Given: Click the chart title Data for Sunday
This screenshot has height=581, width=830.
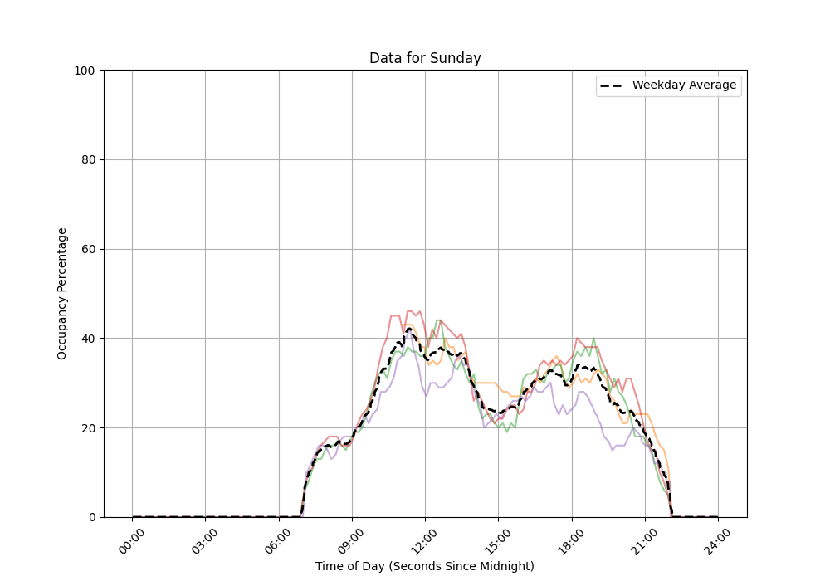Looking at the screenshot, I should coord(425,58).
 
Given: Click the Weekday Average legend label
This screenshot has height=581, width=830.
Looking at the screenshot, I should coord(684,85).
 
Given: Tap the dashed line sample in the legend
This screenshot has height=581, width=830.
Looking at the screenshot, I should coord(613,85).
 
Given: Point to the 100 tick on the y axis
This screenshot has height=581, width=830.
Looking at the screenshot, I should coord(84,71).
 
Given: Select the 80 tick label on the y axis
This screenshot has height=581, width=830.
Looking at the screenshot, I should coord(87,160).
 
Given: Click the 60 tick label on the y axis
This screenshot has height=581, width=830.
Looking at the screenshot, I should coord(87,249).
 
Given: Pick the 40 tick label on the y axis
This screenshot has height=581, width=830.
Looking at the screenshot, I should coord(87,339).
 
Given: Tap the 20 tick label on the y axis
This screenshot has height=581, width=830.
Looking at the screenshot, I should coord(87,428).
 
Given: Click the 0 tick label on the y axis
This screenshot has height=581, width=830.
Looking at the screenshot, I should coord(90,517).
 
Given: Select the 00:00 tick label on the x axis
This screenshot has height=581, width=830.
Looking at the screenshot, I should coord(133,539).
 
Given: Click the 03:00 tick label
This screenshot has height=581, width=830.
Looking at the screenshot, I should coord(206,539).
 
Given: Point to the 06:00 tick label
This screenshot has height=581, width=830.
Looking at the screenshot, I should coord(279,539).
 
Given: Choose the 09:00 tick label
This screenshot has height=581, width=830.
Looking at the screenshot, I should coord(352,539).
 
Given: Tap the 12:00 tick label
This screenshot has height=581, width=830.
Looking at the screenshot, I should coord(425,539).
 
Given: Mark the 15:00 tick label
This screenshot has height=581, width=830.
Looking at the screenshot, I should coord(498,539).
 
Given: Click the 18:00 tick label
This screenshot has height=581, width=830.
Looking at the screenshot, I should coord(571,539).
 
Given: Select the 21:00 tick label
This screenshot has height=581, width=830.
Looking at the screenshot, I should coord(644,539).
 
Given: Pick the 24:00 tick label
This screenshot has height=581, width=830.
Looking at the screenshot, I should coord(717,539).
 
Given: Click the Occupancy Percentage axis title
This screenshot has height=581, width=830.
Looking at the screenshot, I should coord(62,294).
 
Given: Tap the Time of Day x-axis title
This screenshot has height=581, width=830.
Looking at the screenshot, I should coord(425,566).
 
